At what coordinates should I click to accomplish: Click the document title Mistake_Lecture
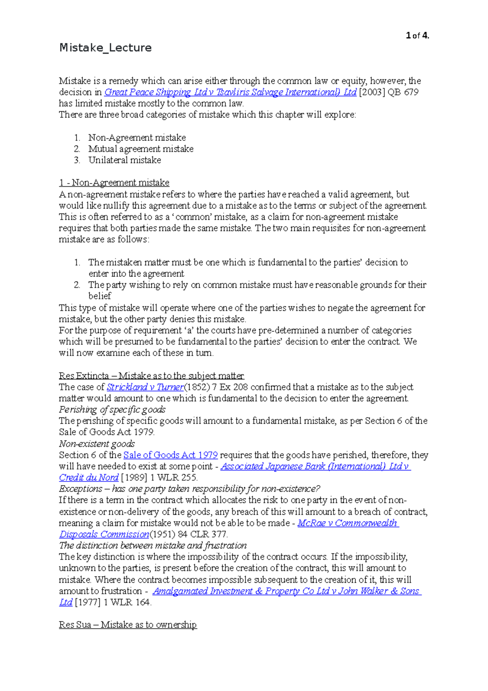point(105,48)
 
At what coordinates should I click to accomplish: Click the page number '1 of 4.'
point(417,36)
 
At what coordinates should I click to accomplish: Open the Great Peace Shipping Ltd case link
point(230,92)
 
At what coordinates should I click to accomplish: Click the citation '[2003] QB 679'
point(389,92)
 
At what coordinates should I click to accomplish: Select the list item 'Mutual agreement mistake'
point(141,149)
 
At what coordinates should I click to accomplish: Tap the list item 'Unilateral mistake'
point(124,160)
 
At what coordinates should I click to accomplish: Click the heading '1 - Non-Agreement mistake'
point(114,183)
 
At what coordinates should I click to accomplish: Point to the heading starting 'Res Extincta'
point(151,376)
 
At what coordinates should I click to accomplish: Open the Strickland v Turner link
point(145,387)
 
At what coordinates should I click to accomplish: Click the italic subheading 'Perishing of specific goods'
point(112,410)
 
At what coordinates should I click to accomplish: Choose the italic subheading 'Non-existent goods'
point(97,444)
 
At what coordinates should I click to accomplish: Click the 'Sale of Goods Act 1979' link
point(170,455)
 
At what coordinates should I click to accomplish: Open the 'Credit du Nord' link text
point(89,478)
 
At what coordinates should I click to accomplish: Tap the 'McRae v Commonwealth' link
point(347,523)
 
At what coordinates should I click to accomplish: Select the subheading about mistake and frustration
point(153,546)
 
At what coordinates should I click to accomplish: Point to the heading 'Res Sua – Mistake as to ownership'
point(128,625)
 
